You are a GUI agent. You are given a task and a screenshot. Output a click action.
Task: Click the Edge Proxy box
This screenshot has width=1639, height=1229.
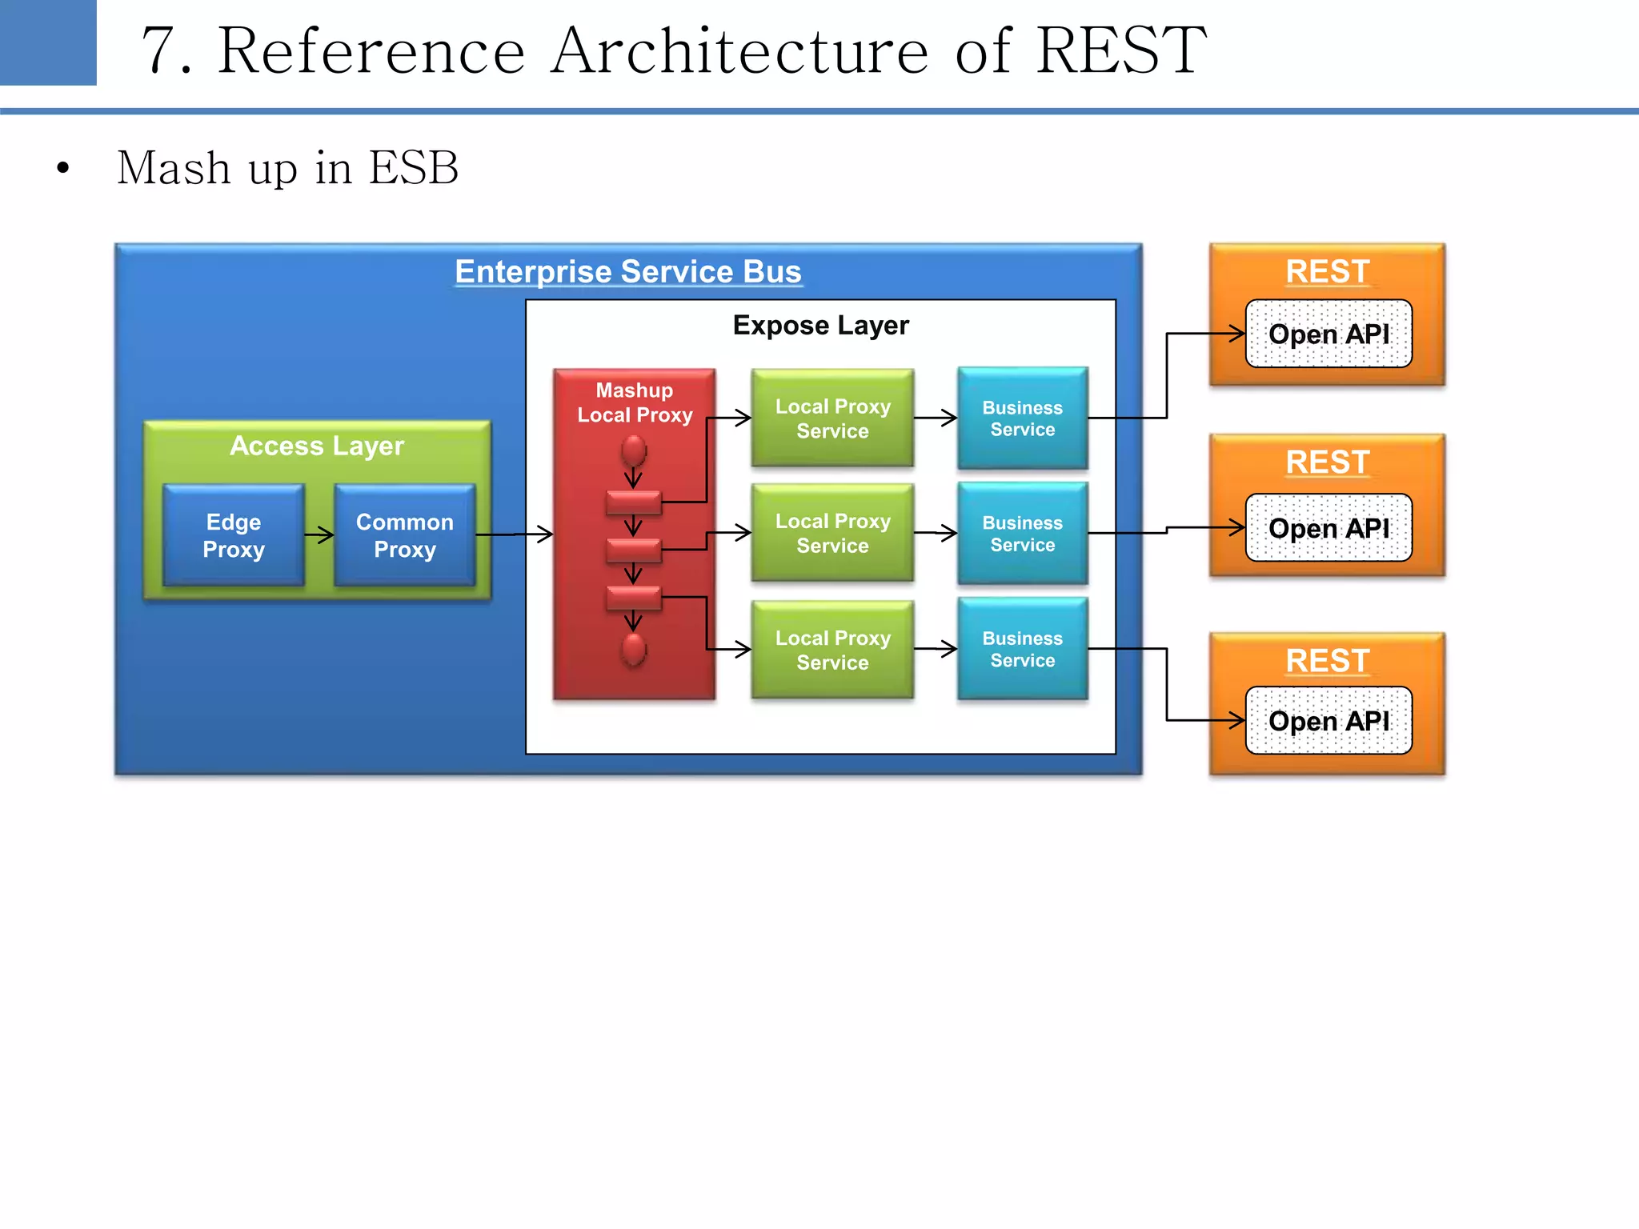click(233, 535)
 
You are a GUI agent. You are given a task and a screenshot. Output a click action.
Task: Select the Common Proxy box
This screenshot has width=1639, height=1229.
click(404, 535)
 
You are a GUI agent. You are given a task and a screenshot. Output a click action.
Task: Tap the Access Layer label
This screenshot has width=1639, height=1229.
click(316, 446)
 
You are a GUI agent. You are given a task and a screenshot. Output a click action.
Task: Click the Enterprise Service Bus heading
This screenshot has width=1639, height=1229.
click(627, 271)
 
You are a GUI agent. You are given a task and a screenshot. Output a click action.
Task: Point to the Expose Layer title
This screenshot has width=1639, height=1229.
click(820, 326)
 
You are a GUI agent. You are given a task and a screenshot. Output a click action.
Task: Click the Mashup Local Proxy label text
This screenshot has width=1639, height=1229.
click(635, 402)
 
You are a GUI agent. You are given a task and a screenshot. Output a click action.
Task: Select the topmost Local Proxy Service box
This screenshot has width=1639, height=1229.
click(832, 418)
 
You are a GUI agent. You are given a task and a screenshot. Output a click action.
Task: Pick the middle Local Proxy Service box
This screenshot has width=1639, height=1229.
click(832, 533)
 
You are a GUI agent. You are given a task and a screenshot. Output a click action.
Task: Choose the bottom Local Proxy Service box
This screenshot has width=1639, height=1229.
click(832, 650)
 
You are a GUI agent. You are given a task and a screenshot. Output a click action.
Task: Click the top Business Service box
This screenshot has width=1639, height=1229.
click(1022, 418)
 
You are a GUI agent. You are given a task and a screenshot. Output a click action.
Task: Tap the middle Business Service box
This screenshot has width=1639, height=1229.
click(1022, 534)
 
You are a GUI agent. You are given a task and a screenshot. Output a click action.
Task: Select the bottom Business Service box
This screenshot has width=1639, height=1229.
click(1022, 649)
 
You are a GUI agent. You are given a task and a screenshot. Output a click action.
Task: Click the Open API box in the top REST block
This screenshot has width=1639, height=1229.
click(1328, 334)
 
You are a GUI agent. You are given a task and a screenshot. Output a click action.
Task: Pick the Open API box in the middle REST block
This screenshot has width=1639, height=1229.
click(1328, 528)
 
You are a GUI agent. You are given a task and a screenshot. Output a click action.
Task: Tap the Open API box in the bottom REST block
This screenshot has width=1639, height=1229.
click(1328, 721)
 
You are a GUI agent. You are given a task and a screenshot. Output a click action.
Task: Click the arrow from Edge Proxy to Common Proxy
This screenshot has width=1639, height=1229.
click(319, 535)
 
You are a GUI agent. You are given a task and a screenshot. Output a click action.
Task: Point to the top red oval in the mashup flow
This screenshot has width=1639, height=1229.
click(634, 450)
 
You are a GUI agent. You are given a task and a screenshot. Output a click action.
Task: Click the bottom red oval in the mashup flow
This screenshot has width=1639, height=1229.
click(634, 649)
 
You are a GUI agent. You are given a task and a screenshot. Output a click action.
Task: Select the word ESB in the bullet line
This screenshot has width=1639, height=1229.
click(413, 168)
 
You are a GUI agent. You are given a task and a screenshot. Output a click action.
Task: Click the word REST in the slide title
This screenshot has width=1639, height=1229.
click(1120, 50)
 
